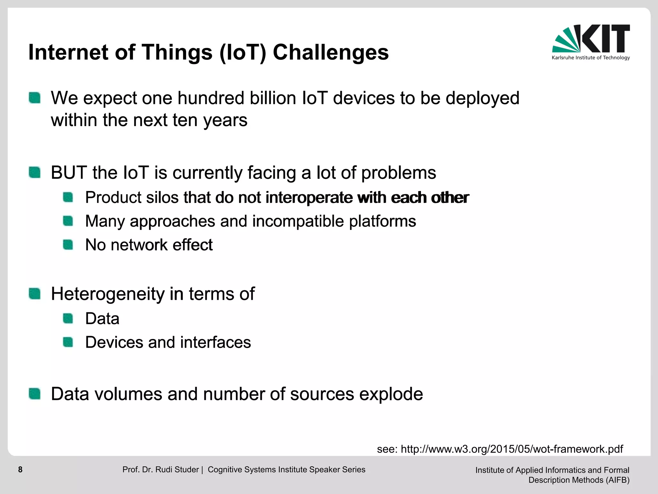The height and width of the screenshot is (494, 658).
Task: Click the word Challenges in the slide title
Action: click(x=331, y=52)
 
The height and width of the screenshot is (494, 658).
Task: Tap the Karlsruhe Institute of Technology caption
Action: click(x=591, y=58)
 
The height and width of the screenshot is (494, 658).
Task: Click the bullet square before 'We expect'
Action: click(x=34, y=98)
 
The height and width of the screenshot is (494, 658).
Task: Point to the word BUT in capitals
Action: click(x=69, y=173)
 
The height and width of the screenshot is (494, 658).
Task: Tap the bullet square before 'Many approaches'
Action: click(x=68, y=221)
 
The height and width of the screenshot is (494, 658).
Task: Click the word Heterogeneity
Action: click(x=108, y=294)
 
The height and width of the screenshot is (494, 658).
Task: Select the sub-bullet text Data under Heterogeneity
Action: click(x=102, y=319)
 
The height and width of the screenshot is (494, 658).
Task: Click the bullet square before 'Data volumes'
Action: click(x=34, y=394)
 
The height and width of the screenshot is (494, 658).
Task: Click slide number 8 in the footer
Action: click(x=20, y=470)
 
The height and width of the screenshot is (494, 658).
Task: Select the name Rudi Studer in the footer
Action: click(x=177, y=470)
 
